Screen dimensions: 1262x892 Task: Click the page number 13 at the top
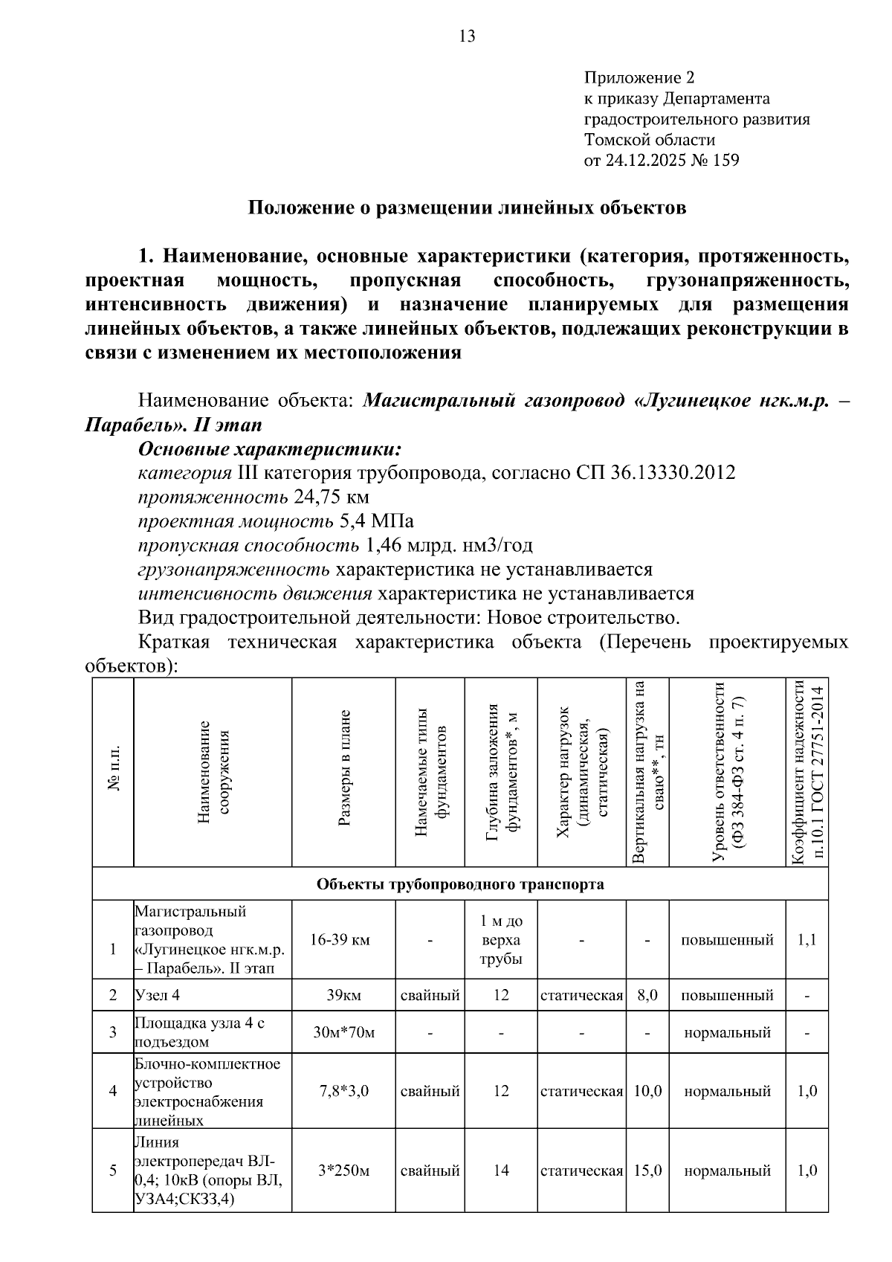(468, 36)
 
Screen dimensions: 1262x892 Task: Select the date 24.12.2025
(646, 160)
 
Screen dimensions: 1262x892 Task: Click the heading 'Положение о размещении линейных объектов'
(466, 207)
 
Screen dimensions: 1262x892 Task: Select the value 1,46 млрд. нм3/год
(449, 546)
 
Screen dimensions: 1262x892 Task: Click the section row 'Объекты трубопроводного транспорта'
(460, 884)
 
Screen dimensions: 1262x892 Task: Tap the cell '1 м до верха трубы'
(501, 940)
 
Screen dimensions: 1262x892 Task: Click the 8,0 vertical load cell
(647, 995)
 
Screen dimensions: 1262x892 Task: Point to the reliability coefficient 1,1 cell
(807, 940)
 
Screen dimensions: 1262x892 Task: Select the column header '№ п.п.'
(113, 773)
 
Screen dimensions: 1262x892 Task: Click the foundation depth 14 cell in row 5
(501, 1171)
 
